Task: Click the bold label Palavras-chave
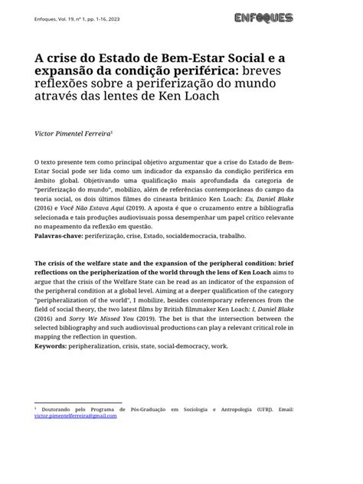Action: [x=61, y=236]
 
